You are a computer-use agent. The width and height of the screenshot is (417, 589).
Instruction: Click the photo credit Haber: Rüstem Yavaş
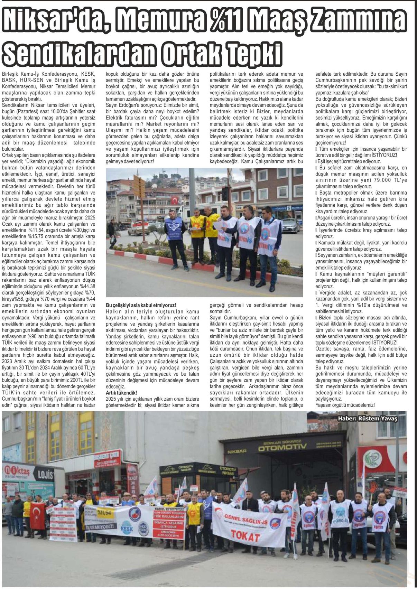[x=368, y=419]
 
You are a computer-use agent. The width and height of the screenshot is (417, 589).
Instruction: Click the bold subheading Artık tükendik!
[x=121, y=393]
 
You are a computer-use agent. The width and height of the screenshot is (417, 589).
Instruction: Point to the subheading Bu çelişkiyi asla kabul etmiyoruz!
[x=141, y=305]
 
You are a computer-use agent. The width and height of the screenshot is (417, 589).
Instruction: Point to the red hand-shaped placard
[x=373, y=488]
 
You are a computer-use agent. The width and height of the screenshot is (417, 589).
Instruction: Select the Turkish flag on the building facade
[x=175, y=200]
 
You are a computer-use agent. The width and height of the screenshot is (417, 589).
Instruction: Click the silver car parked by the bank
[x=290, y=225]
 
